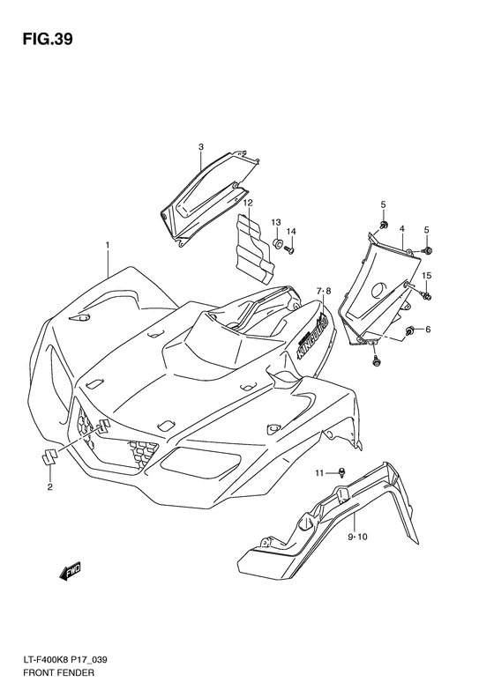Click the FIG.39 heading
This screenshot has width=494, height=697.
coord(48,40)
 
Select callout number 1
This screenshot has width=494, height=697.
coord(108,244)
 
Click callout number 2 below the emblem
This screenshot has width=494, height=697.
coord(50,486)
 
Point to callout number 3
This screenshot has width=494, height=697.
coord(201,146)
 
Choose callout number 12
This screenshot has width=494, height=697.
coord(248,203)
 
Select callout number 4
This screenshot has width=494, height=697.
coord(402,228)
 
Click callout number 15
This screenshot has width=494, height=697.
coord(426,276)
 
